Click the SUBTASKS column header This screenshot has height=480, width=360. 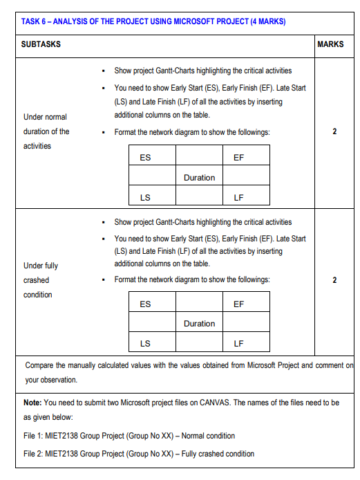[x=41, y=44]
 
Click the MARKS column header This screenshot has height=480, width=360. [x=330, y=44]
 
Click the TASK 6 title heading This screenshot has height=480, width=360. [x=153, y=21]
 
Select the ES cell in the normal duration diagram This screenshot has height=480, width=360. [x=146, y=158]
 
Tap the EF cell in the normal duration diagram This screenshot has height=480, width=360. [x=238, y=158]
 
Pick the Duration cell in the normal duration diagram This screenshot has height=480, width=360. [x=199, y=178]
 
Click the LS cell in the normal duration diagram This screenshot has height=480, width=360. [x=146, y=198]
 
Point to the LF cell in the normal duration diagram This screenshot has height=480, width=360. [x=238, y=198]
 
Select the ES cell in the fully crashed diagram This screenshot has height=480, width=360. [x=146, y=304]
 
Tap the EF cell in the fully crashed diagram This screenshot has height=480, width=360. [x=238, y=304]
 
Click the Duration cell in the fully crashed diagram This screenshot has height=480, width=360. [x=199, y=324]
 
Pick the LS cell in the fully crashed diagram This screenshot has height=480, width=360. [x=146, y=343]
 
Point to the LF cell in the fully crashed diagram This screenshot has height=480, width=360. [x=238, y=343]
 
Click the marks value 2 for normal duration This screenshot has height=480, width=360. [x=334, y=131]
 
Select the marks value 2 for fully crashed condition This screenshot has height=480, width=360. [x=334, y=280]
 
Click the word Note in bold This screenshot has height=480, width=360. [x=32, y=402]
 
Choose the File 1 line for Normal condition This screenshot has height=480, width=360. [x=129, y=436]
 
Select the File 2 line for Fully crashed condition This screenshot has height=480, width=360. [x=138, y=454]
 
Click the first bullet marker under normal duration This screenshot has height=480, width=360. [x=102, y=71]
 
